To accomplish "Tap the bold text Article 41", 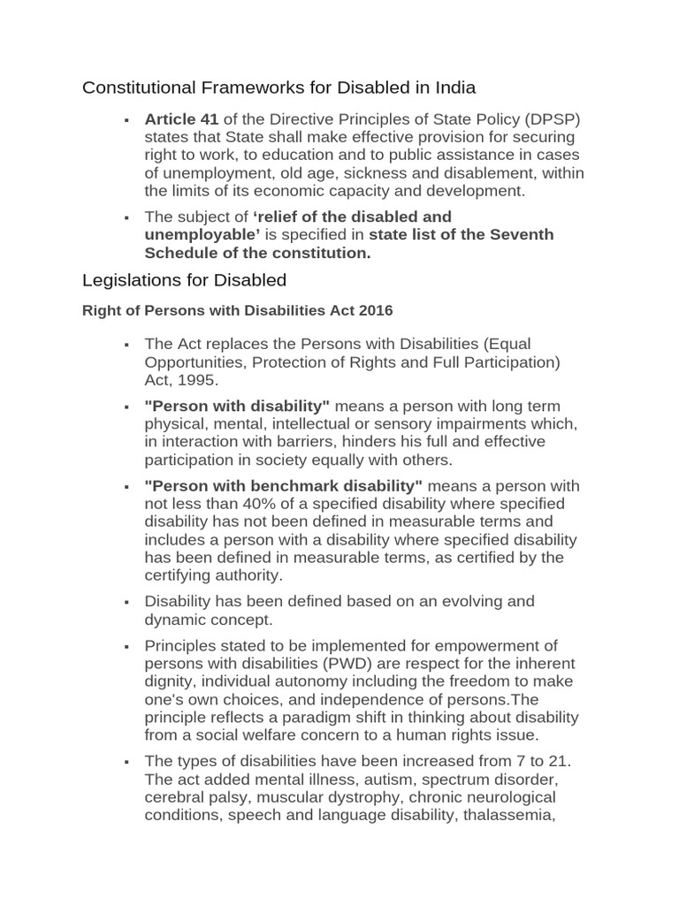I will tap(181, 120).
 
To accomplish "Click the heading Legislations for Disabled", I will tap(184, 280).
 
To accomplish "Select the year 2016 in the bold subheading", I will tap(375, 311).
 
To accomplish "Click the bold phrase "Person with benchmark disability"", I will tap(284, 486).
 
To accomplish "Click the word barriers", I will tap(318, 441).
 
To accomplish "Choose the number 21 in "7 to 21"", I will tap(558, 762).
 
